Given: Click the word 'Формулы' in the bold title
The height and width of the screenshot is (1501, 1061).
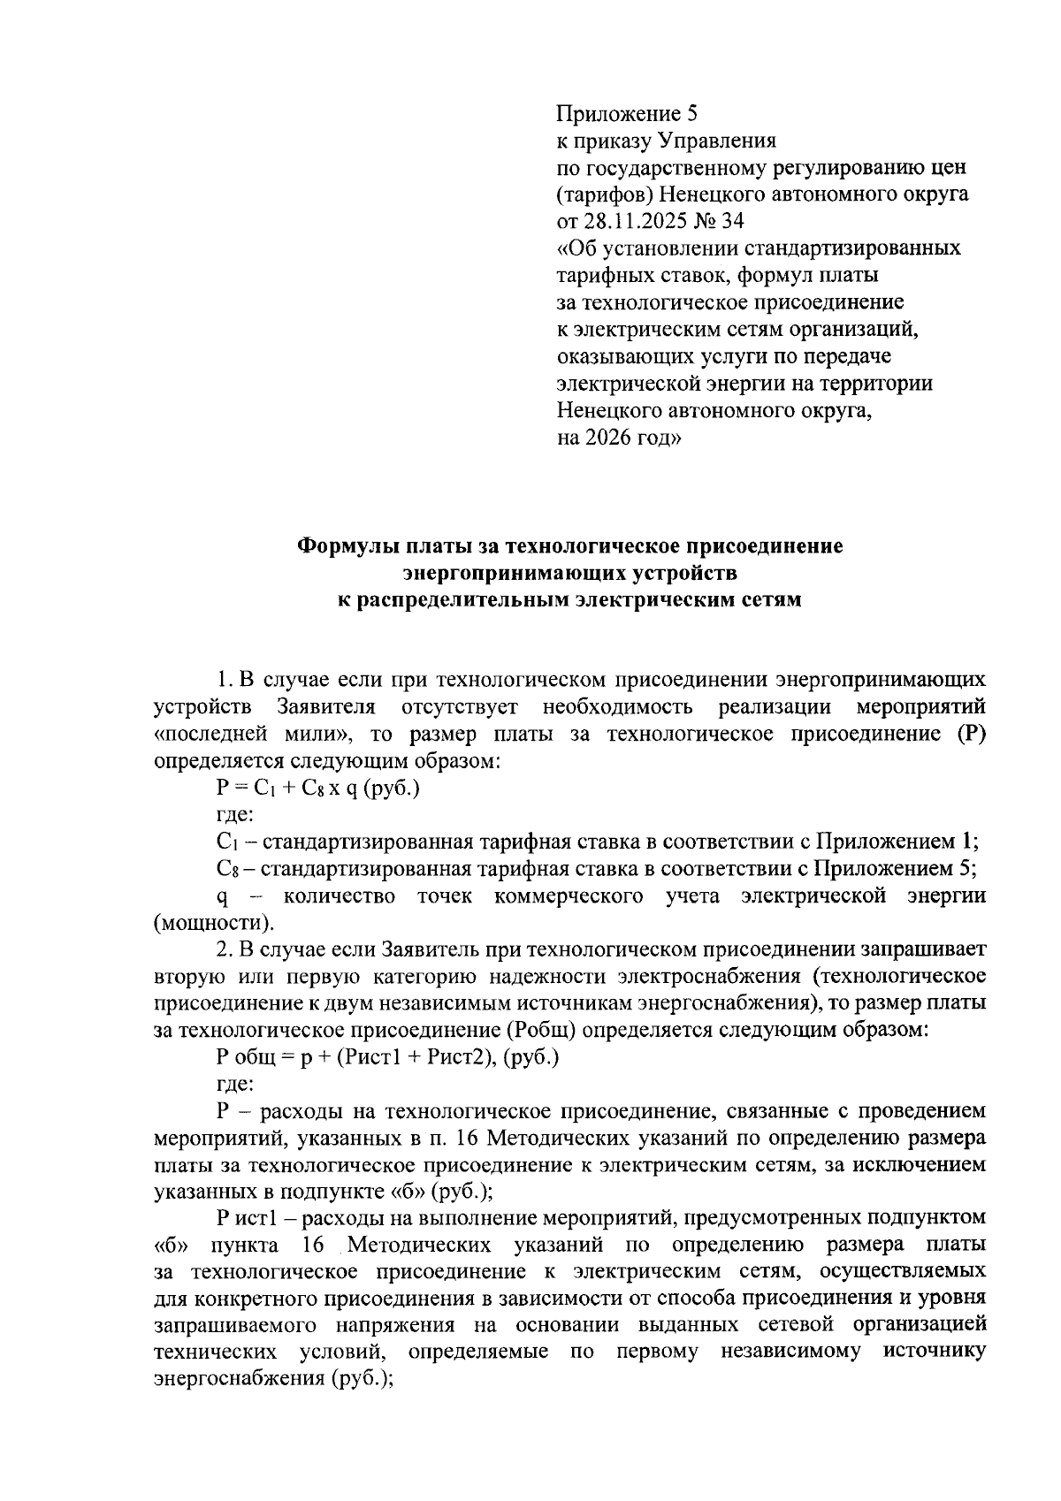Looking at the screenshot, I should (x=345, y=545).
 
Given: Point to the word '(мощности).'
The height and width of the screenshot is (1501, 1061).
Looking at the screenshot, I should (x=213, y=923).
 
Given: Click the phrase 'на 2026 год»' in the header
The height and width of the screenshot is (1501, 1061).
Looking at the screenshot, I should (x=619, y=438).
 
